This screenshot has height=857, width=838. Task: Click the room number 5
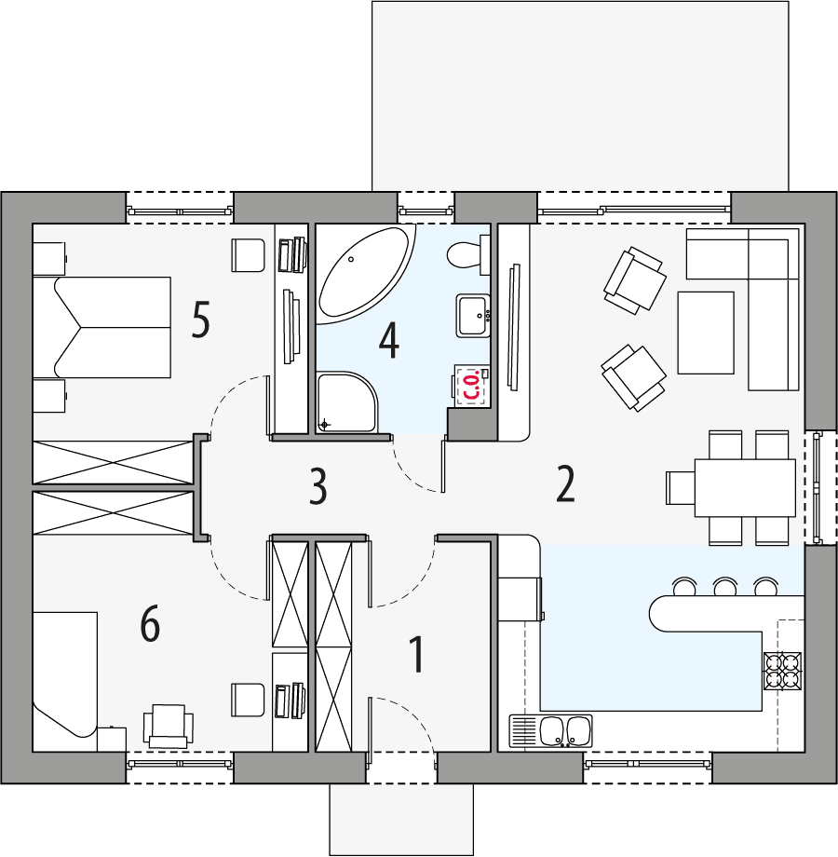(x=200, y=320)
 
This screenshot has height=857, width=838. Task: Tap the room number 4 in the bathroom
(x=388, y=340)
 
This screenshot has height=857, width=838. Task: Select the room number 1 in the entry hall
(x=417, y=655)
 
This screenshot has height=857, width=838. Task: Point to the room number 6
(x=150, y=623)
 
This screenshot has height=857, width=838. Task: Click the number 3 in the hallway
(x=318, y=486)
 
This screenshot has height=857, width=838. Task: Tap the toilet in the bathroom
(x=466, y=253)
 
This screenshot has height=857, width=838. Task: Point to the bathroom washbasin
(x=473, y=315)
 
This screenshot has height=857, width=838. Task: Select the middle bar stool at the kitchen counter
(x=725, y=587)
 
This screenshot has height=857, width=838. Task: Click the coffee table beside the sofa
(x=705, y=332)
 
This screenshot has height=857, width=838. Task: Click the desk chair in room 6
(x=169, y=725)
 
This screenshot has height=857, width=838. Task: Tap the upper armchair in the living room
(x=634, y=279)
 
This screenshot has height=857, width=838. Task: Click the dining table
(x=745, y=486)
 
